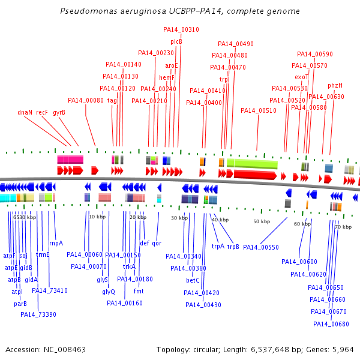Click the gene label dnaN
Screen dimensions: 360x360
pos(25,112)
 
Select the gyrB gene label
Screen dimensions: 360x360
pos(59,112)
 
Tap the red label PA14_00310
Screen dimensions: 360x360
pos(181,29)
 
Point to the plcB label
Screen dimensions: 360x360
pos(176,41)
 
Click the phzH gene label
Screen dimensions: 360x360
pos(335,85)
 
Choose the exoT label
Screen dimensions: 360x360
pos(301,77)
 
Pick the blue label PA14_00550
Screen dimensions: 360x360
pos(261,247)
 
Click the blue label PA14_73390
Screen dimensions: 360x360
pos(38,314)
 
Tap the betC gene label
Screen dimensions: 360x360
pos(193,280)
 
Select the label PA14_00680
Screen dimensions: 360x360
pos(331,324)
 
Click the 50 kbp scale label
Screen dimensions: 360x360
pos(262,221)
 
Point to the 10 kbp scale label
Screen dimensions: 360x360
pos(97,216)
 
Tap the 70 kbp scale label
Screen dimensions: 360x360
pos(343,227)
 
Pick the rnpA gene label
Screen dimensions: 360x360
pos(56,243)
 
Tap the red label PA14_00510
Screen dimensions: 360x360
pos(258,110)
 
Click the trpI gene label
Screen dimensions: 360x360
pos(224,79)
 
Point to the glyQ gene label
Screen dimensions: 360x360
pos(108,292)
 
